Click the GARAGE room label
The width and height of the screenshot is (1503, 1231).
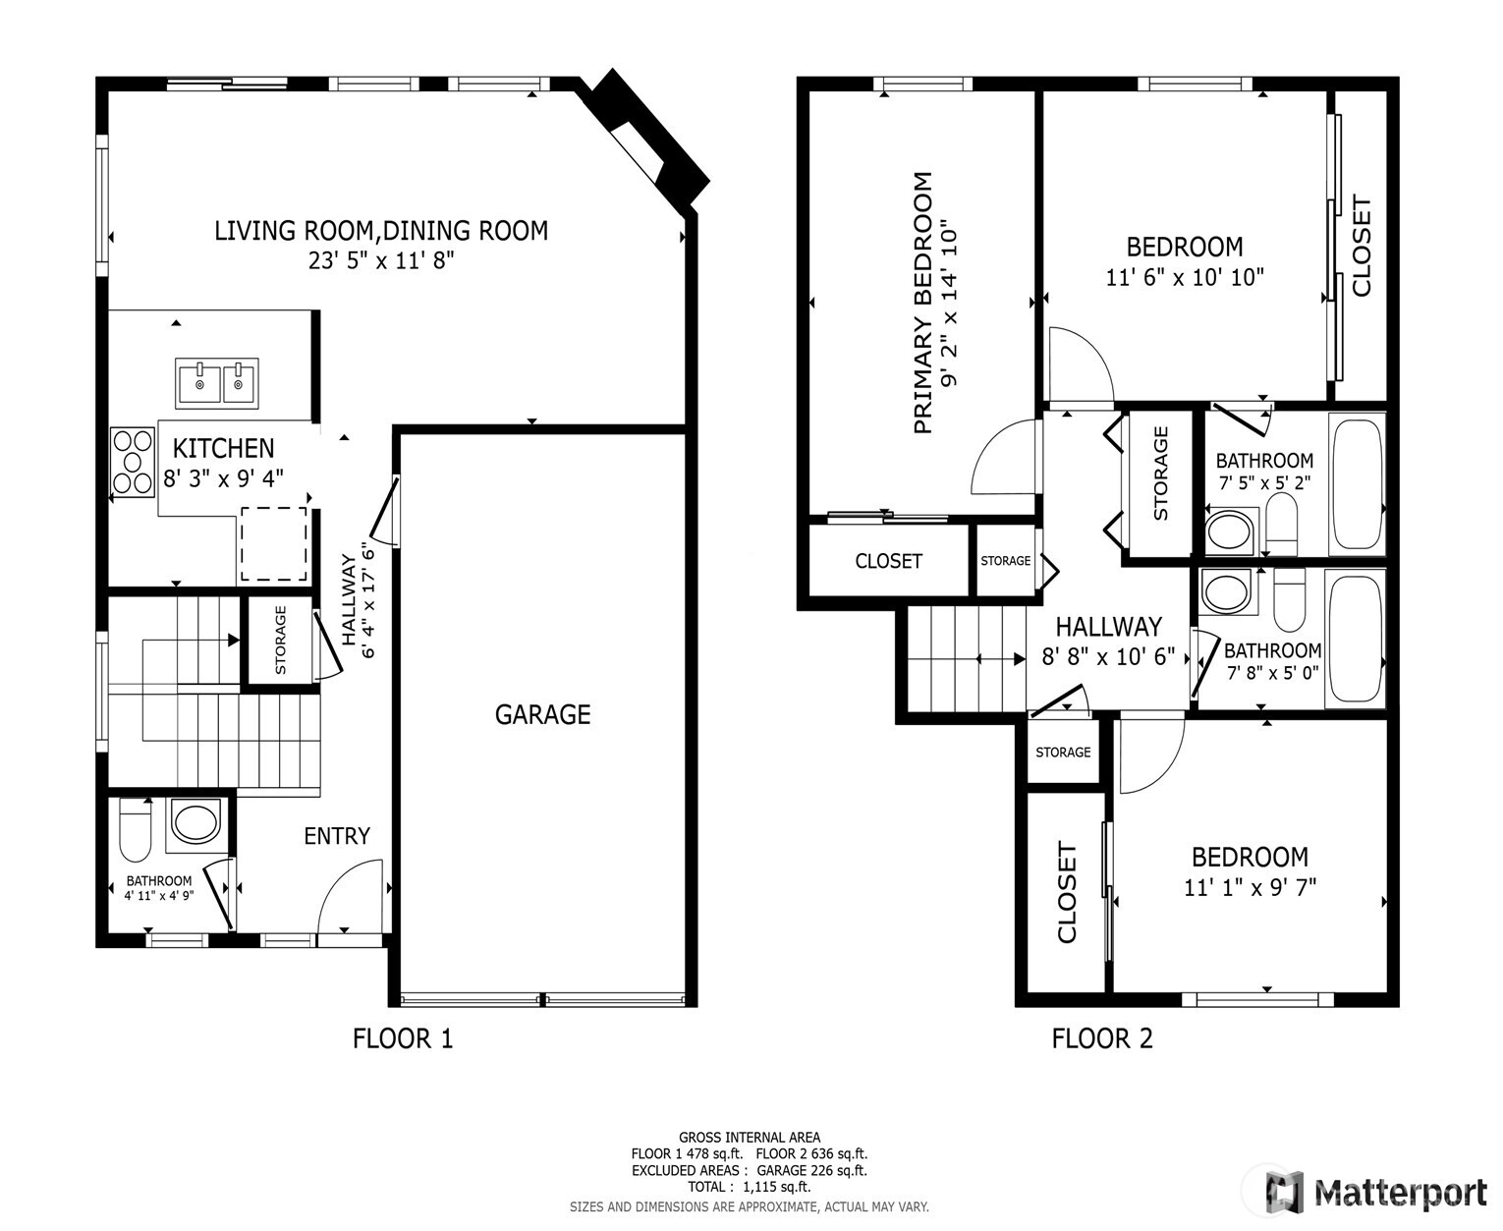542,714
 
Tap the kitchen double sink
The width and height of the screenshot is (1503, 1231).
217,383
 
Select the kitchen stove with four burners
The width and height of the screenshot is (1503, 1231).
133,462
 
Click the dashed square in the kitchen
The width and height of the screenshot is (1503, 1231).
274,544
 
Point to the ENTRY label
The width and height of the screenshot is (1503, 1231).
337,835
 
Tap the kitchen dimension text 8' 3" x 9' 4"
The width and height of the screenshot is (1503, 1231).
224,478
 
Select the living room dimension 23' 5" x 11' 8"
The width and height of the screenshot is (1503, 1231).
381,260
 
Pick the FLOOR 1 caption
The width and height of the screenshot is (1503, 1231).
403,1037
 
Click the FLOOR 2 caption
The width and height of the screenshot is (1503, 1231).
1102,1037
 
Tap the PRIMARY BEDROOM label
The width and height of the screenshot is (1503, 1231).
922,303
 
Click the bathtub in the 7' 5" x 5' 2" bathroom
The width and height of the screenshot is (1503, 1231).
1357,484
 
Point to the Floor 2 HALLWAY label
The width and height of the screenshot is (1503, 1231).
1108,627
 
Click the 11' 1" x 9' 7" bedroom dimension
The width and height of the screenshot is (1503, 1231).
1250,887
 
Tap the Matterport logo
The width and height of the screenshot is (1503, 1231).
1376,1193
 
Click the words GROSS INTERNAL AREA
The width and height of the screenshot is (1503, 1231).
749,1138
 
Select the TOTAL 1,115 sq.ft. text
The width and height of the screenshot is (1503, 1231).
749,1187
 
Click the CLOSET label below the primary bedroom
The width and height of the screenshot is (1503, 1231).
889,561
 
